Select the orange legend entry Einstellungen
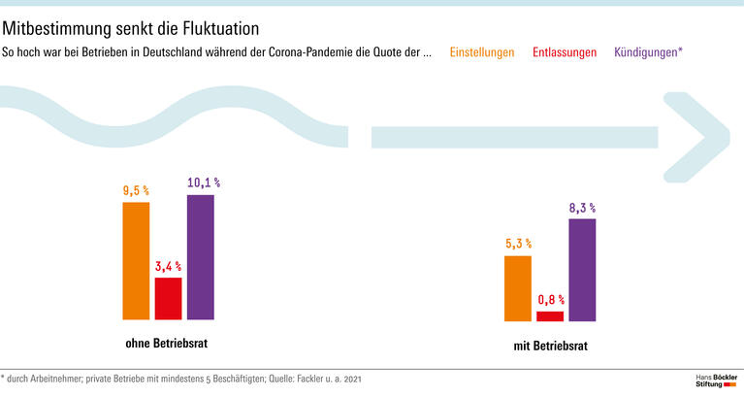pyautogui.click(x=482, y=52)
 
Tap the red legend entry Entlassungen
pyautogui.click(x=565, y=52)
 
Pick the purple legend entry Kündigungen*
pyautogui.click(x=648, y=52)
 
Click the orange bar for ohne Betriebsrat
pyautogui.click(x=136, y=260)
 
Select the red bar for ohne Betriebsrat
pyautogui.click(x=168, y=299)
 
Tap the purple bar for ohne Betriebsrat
pyautogui.click(x=201, y=257)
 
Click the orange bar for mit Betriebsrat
pyautogui.click(x=518, y=288)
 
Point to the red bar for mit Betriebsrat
pyautogui.click(x=550, y=315)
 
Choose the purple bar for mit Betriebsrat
pyautogui.click(x=582, y=270)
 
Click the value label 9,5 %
pyautogui.click(x=136, y=191)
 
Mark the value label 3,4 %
pyautogui.click(x=168, y=266)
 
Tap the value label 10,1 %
pyautogui.click(x=203, y=182)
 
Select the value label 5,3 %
pyautogui.click(x=518, y=244)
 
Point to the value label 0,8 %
pyautogui.click(x=550, y=300)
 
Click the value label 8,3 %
pyautogui.click(x=582, y=208)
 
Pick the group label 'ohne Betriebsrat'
pyautogui.click(x=167, y=343)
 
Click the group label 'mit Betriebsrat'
pyautogui.click(x=550, y=346)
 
